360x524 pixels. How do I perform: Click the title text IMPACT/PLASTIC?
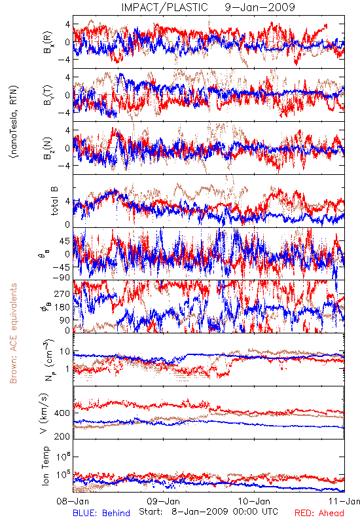164,7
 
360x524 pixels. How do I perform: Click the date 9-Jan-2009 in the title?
260,7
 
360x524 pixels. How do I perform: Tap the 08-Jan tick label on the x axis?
73,501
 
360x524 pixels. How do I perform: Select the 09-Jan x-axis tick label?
164,501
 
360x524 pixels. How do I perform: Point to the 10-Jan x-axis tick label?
254,501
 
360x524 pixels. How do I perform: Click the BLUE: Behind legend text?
101,513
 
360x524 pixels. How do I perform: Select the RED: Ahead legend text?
319,513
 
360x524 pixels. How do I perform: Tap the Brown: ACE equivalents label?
13,333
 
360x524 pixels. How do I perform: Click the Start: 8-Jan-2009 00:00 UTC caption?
208,512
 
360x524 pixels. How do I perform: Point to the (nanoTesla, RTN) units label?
14,122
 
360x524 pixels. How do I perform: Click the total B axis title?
54,201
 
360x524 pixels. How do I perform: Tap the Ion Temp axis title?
45,466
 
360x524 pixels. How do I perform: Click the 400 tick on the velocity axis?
62,413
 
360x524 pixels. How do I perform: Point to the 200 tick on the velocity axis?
62,436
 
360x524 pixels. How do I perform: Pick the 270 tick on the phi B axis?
62,293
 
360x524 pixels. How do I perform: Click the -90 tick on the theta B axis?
62,278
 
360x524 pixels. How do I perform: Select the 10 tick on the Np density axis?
65,352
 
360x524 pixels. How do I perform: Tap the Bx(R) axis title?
48,42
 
